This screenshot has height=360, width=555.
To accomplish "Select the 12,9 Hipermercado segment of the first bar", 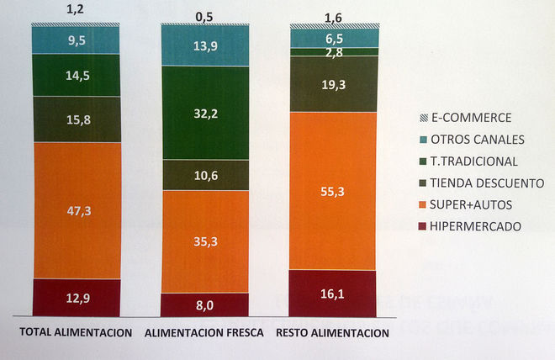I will tap(76, 298).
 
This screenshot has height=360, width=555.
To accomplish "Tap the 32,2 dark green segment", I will tap(205, 113).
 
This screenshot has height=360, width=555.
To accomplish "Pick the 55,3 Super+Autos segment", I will tap(334, 192).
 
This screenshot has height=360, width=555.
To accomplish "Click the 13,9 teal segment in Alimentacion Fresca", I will tap(205, 45).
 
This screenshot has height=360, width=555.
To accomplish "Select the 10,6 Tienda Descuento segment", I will tap(205, 175).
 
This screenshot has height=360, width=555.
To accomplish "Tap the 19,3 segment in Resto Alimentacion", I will tap(334, 85).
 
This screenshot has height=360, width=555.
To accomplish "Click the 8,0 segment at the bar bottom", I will tap(205, 305).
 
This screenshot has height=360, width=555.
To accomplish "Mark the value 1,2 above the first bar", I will tap(76, 11).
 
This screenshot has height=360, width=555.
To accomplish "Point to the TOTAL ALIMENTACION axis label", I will tap(77, 333).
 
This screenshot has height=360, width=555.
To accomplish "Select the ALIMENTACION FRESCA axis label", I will tap(204, 333).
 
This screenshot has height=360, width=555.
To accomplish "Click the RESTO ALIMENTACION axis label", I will tap(333, 333).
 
